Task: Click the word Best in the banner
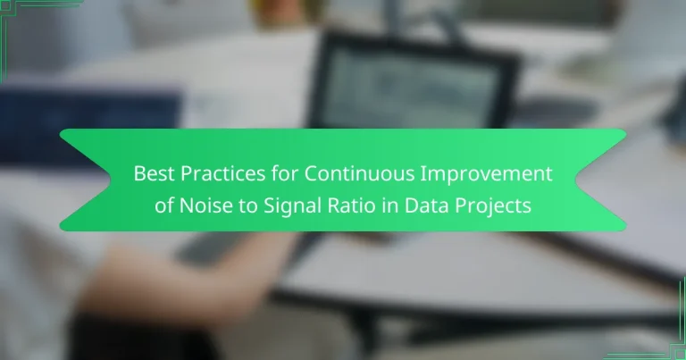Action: tap(151, 174)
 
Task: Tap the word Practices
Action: tap(211, 174)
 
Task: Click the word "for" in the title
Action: tap(269, 174)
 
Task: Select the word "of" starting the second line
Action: tap(163, 205)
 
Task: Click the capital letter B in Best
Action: tap(140, 174)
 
